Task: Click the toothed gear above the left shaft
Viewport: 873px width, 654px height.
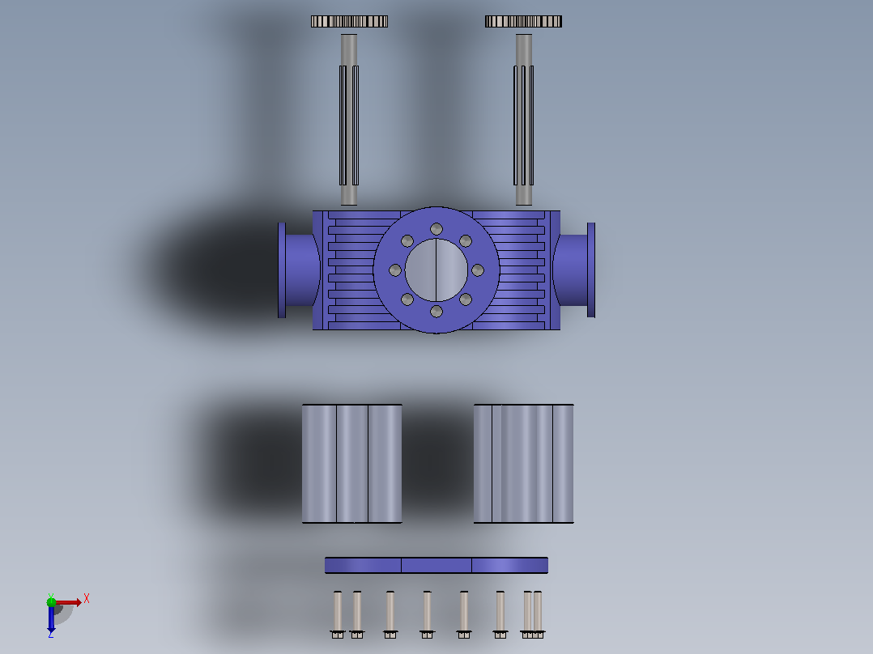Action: (349, 21)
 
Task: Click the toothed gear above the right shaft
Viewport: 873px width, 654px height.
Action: (523, 21)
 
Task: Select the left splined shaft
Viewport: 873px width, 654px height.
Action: (349, 120)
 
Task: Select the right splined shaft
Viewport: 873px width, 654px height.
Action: (523, 120)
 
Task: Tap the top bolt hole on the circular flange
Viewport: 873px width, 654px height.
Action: (436, 229)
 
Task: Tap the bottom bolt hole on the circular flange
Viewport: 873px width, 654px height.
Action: (436, 311)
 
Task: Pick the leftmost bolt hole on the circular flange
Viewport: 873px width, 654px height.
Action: (395, 270)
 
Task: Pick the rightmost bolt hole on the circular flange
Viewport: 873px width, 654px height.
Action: (478, 270)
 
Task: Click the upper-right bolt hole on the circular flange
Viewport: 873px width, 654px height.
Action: (466, 241)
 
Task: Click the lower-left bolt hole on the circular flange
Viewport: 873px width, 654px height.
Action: (407, 299)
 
